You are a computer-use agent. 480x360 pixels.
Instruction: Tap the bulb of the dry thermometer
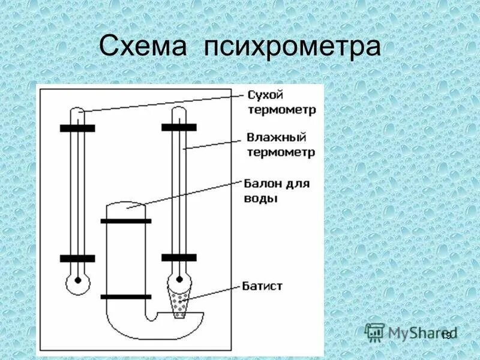(77, 281)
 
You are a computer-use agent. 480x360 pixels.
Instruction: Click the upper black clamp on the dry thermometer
(77, 128)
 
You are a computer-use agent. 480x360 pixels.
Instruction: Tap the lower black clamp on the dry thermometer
(77, 259)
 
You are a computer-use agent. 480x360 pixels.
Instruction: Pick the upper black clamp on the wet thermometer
(179, 127)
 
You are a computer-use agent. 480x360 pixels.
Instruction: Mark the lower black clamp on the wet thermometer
(179, 257)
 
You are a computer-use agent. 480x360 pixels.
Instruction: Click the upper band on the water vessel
(126, 221)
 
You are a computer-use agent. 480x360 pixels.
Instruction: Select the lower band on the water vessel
(126, 296)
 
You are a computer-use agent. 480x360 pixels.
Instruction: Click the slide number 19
(445, 335)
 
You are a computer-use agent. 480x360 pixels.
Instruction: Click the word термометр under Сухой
(281, 110)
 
